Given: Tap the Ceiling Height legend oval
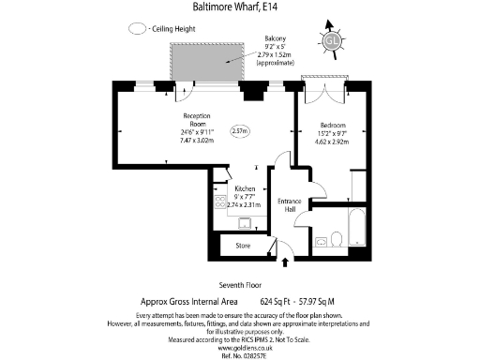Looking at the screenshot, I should point(138,29).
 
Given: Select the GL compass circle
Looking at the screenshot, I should point(331,40).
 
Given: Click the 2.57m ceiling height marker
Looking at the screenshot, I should point(240,131).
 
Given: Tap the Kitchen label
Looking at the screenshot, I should point(245,187).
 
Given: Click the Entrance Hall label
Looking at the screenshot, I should point(291,205).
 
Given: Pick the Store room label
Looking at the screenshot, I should point(244,247).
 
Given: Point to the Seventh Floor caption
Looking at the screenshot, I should point(239,284).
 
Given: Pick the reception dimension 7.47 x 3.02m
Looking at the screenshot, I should point(198,141).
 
